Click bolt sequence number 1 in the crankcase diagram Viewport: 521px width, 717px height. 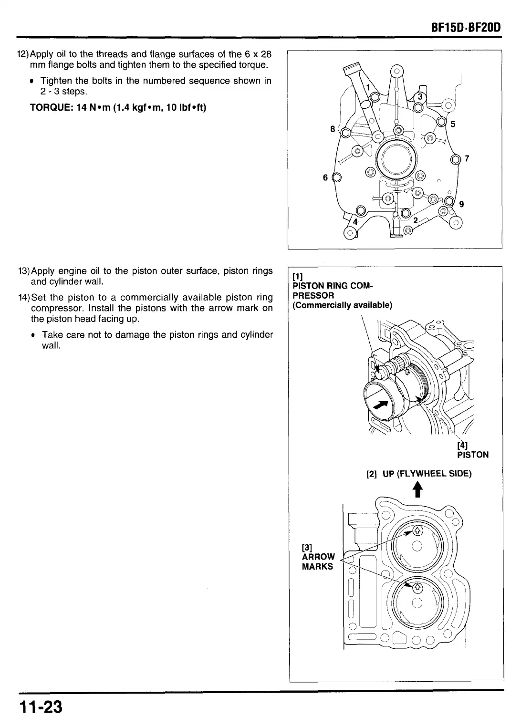(x=368, y=87)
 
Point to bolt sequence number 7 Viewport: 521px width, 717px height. (x=467, y=159)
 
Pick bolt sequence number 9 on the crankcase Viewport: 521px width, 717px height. (x=461, y=204)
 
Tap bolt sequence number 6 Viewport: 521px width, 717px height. (x=325, y=177)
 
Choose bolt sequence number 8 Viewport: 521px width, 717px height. (x=333, y=129)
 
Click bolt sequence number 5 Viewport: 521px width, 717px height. (x=453, y=125)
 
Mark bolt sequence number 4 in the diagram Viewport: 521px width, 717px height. (x=355, y=222)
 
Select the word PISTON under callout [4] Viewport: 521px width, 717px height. (x=473, y=455)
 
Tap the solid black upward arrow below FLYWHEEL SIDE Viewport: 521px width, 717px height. (x=418, y=490)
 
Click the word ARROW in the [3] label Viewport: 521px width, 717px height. (x=318, y=557)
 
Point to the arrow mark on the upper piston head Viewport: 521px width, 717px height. (x=417, y=530)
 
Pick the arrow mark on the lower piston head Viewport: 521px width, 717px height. (x=417, y=587)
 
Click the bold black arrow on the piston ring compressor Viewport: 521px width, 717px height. (x=380, y=405)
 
